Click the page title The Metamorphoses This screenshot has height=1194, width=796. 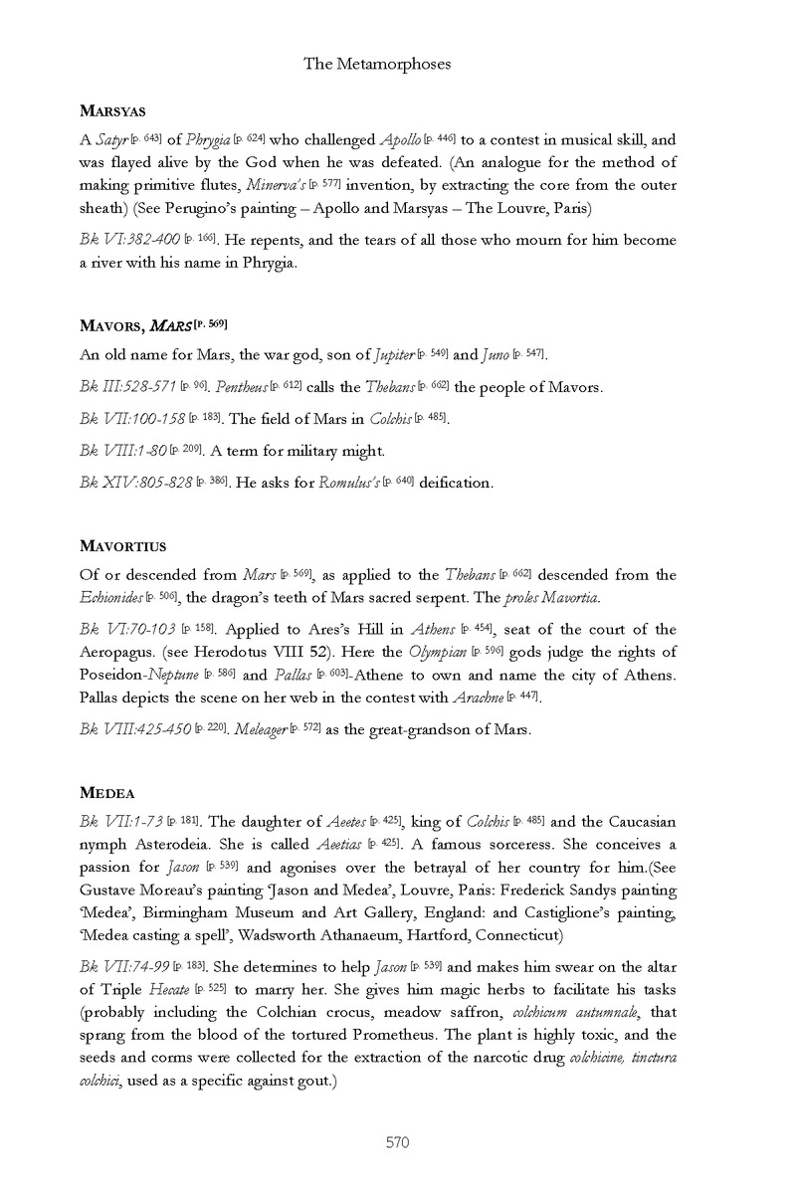pos(377,64)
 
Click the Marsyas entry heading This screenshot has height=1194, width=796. pos(112,111)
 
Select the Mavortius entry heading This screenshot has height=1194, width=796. pos(121,546)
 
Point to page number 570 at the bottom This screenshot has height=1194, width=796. pos(398,1142)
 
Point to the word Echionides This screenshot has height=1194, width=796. pos(110,597)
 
